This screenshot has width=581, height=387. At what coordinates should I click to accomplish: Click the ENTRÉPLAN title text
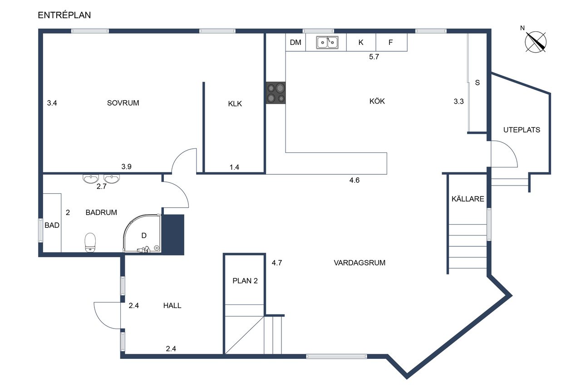[x=64, y=15]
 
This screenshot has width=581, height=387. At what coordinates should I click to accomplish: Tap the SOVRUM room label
[x=123, y=103]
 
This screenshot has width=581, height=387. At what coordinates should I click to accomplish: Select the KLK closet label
[x=235, y=104]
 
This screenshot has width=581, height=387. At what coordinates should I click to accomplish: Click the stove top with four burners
[x=276, y=93]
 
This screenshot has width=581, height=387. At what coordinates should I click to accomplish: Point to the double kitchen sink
[x=327, y=43]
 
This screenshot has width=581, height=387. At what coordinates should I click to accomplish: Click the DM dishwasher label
[x=295, y=42]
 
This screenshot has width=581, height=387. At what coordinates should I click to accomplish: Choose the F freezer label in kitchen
[x=391, y=42]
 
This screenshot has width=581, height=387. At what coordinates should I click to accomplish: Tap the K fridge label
[x=361, y=43]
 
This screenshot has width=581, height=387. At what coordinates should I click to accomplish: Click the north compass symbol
[x=535, y=41]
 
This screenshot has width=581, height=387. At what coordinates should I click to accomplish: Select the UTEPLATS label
[x=522, y=130]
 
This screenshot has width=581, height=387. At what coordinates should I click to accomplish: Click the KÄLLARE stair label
[x=468, y=199]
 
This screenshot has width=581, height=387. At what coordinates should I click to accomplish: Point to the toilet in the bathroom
[x=90, y=242]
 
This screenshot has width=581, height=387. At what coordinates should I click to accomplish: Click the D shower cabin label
[x=144, y=235]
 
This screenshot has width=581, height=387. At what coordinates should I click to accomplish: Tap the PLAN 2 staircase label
[x=245, y=281]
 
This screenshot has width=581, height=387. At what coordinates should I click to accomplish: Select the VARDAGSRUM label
[x=359, y=263]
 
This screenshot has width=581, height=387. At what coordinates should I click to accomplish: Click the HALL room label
[x=172, y=305]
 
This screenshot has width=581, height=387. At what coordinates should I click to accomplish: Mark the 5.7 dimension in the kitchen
[x=374, y=57]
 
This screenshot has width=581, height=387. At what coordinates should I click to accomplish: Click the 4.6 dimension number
[x=355, y=180]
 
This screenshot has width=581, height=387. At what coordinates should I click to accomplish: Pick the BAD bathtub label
[x=52, y=225]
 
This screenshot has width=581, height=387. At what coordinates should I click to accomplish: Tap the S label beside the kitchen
[x=477, y=83]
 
